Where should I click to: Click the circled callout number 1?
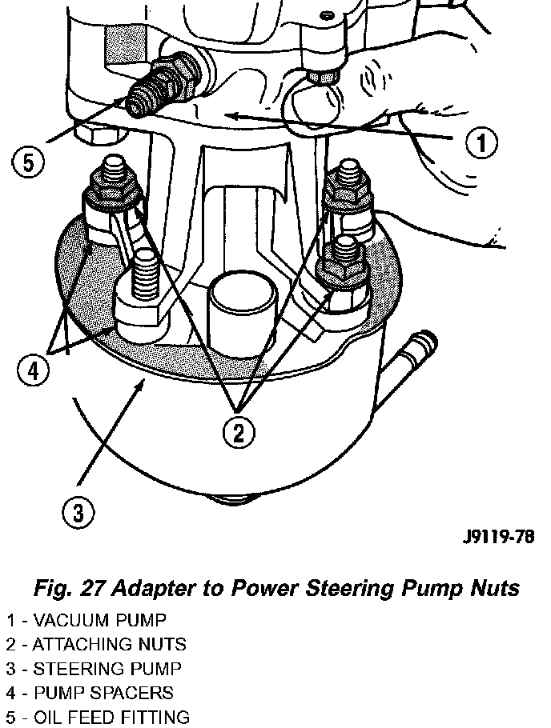coord(480,144)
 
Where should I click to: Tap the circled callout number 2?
coord(239,434)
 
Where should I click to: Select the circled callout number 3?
coord(78,513)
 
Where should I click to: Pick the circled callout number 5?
coord(28,163)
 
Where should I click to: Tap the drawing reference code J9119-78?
coord(497,536)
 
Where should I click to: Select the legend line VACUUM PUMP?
coord(86,620)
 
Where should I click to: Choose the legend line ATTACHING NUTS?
coord(96,644)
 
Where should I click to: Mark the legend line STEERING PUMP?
coord(94,669)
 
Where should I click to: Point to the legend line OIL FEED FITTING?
coord(99,717)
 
